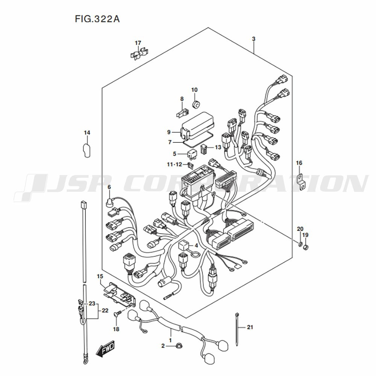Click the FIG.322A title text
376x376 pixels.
click(x=97, y=19)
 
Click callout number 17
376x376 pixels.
click(x=138, y=43)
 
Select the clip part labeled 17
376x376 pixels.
click(x=139, y=54)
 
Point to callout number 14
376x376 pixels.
click(x=87, y=133)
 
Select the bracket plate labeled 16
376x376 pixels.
click(x=302, y=182)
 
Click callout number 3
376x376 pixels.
click(x=254, y=39)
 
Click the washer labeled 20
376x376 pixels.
click(x=300, y=244)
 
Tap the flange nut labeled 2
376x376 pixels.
click(x=178, y=346)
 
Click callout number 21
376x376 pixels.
click(x=250, y=327)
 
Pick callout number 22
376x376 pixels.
click(x=105, y=311)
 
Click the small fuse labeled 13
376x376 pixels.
click(x=203, y=149)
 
